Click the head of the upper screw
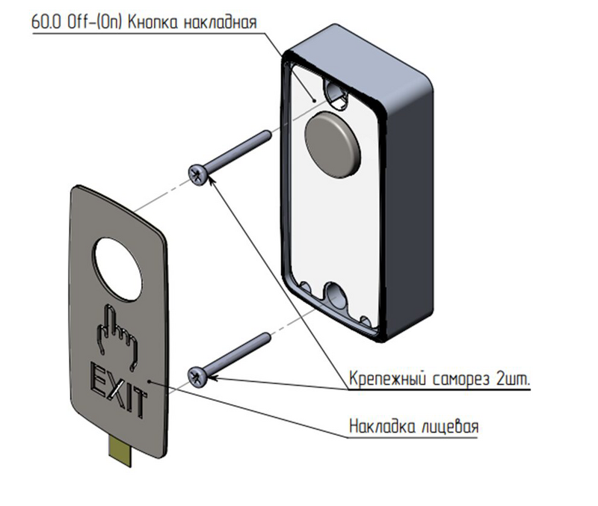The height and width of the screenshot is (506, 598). [199, 173]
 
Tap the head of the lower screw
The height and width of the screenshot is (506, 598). [198, 374]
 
